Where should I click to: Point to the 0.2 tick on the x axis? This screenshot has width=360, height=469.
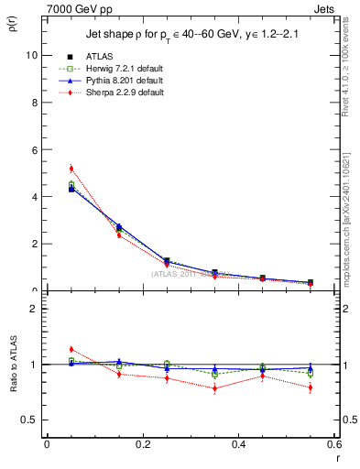142,443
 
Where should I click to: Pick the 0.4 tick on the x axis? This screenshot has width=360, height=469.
238,443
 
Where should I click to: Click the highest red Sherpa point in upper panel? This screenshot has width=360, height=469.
71,169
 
